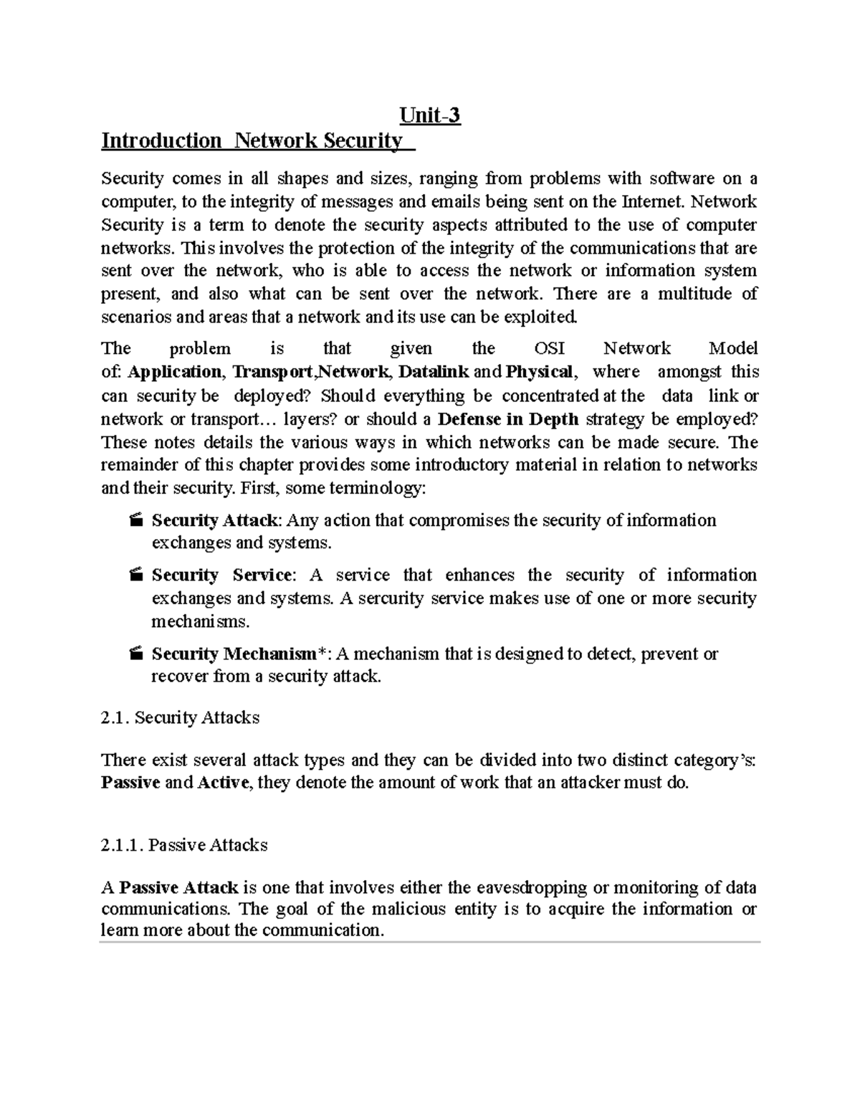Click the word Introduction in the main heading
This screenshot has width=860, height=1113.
[161, 140]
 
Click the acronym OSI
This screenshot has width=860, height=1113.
[550, 349]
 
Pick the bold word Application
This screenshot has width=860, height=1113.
[174, 372]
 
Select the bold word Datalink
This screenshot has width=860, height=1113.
[434, 372]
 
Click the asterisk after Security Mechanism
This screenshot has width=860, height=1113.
[322, 652]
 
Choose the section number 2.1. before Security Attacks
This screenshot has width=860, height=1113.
[115, 717]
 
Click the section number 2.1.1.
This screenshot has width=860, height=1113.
[123, 846]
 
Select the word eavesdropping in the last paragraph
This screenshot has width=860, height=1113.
[530, 888]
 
